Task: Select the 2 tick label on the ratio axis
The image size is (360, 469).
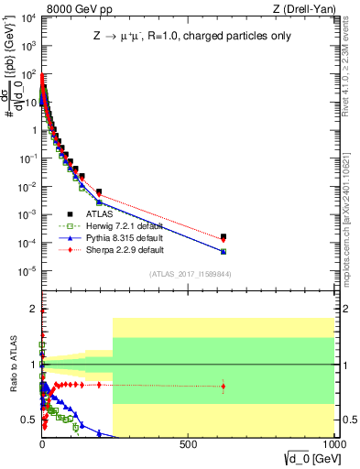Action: pos(32,309)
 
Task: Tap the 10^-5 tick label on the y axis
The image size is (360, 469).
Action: pos(27,271)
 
